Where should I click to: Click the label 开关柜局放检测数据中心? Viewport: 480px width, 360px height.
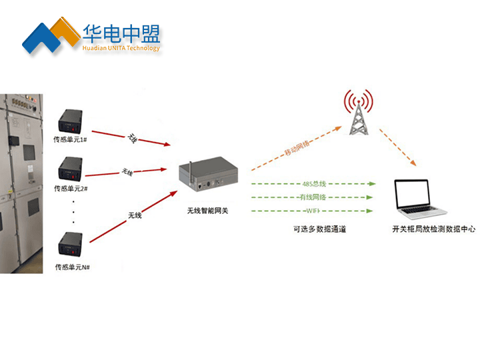433,229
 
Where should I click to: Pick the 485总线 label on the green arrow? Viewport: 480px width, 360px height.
313,183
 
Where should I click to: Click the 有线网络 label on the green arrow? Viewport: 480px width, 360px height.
313,197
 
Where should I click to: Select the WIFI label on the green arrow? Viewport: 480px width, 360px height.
313,211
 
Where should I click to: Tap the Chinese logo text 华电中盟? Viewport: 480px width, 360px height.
121,33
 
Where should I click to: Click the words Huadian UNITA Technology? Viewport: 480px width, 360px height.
121,48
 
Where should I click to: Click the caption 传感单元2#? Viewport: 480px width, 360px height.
70,189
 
